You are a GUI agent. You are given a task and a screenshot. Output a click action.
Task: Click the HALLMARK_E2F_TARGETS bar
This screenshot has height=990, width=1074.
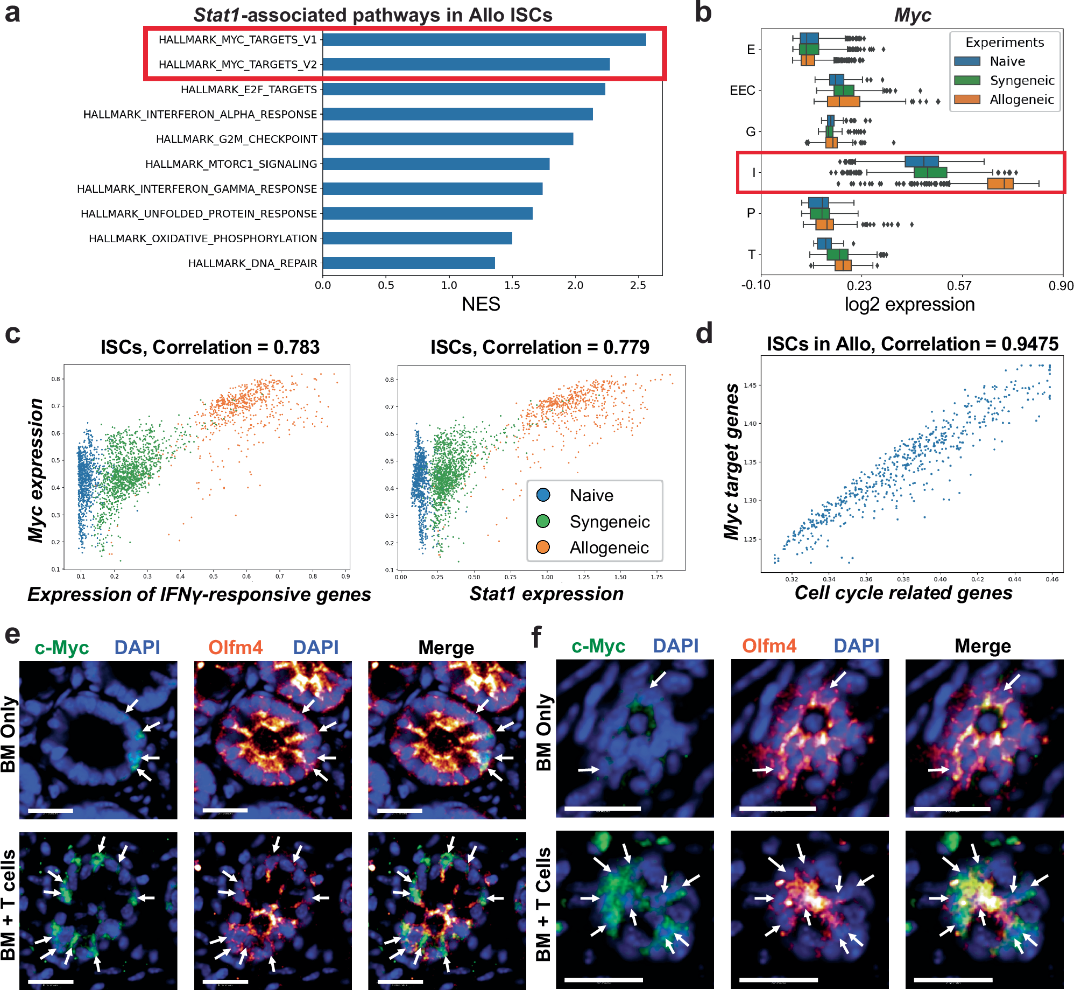click(463, 89)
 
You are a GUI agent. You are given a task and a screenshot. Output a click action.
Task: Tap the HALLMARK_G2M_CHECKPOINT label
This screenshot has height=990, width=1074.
click(236, 139)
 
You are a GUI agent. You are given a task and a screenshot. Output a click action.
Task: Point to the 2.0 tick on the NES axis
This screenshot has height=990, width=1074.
click(575, 285)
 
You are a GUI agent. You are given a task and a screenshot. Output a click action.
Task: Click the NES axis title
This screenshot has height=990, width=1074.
click(481, 305)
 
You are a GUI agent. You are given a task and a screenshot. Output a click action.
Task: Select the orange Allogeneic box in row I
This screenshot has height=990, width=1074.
click(1000, 184)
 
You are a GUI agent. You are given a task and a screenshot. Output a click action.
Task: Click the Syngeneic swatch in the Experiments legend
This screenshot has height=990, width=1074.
click(967, 80)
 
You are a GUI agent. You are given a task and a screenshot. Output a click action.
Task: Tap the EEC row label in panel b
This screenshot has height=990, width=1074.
click(742, 90)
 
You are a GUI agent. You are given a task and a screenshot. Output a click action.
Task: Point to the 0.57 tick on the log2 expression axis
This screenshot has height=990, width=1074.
click(959, 285)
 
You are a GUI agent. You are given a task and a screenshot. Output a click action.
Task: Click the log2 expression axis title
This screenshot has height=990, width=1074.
click(909, 305)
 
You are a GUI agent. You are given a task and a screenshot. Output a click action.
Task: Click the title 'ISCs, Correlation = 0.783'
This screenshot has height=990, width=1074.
click(210, 347)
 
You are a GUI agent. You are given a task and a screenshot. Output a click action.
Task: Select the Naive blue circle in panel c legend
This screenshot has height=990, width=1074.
click(543, 495)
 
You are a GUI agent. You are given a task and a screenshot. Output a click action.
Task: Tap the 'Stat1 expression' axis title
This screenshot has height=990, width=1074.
click(546, 594)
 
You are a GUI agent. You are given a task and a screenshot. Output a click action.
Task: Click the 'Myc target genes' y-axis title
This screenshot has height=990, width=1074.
click(731, 461)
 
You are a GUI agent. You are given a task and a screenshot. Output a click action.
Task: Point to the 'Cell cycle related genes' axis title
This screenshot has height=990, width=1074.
click(903, 593)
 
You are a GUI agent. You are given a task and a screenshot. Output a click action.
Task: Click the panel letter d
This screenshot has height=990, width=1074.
click(704, 333)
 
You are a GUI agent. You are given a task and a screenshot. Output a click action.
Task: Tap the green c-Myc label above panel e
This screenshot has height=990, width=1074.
click(61, 648)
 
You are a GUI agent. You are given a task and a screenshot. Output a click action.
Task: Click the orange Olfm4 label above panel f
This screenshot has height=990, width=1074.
click(768, 646)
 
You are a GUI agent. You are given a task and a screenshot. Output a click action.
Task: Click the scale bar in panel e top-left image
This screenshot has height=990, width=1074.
click(50, 810)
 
